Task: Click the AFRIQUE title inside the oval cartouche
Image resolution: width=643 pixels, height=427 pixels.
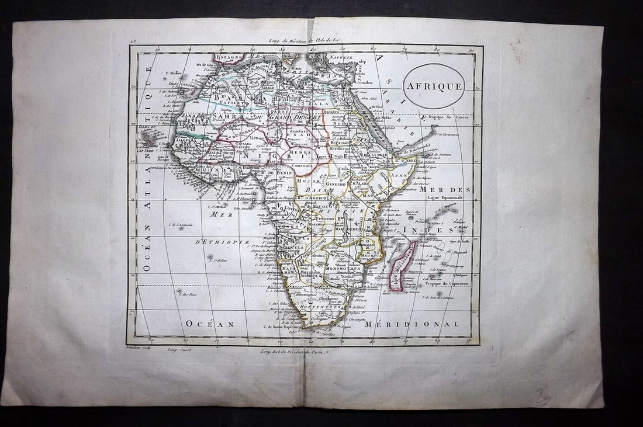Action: point(434,86)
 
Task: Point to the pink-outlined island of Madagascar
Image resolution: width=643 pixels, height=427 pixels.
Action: point(403,266)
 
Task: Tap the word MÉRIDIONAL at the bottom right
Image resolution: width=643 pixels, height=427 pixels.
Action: point(412,324)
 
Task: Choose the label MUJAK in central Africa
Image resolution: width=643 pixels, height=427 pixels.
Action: point(307,182)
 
